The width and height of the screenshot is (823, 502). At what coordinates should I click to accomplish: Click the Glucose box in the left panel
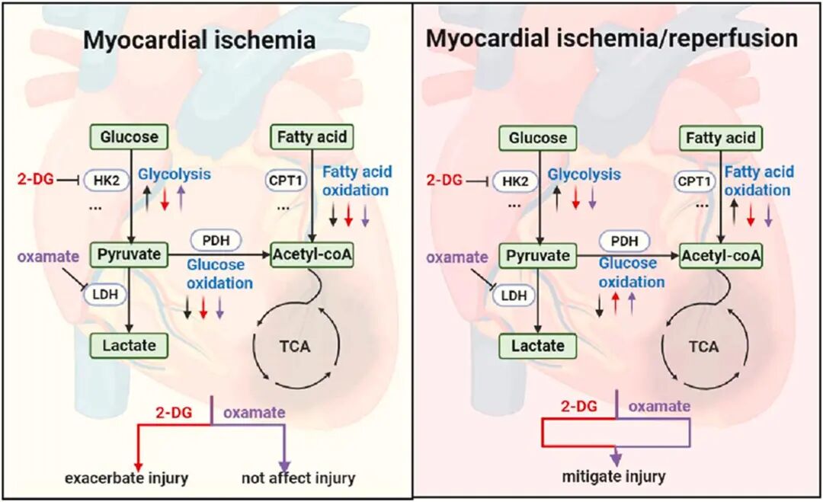130,137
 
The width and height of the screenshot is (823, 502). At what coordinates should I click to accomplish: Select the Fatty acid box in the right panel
720,138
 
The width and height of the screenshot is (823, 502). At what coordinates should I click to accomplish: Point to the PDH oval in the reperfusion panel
625,241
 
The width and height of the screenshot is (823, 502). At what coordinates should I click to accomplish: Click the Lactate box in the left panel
130,345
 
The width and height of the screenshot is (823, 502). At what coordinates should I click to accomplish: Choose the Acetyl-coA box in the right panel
721,256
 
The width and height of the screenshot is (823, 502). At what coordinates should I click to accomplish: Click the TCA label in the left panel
294,346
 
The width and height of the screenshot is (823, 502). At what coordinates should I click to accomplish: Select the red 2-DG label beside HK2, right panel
444,181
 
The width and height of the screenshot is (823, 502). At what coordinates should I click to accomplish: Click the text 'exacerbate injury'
126,478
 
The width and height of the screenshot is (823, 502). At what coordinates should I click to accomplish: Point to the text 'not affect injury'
298,478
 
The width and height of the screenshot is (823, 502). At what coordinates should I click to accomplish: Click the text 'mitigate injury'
614,477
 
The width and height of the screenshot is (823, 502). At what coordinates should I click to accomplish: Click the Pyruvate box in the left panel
129,254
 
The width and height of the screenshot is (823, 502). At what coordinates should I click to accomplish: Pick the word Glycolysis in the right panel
584,174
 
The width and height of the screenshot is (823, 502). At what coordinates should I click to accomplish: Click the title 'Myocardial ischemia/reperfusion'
612,38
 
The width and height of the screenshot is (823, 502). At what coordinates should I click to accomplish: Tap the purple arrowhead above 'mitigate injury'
615,458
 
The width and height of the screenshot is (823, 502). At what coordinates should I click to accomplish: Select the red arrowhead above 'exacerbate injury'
138,462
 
